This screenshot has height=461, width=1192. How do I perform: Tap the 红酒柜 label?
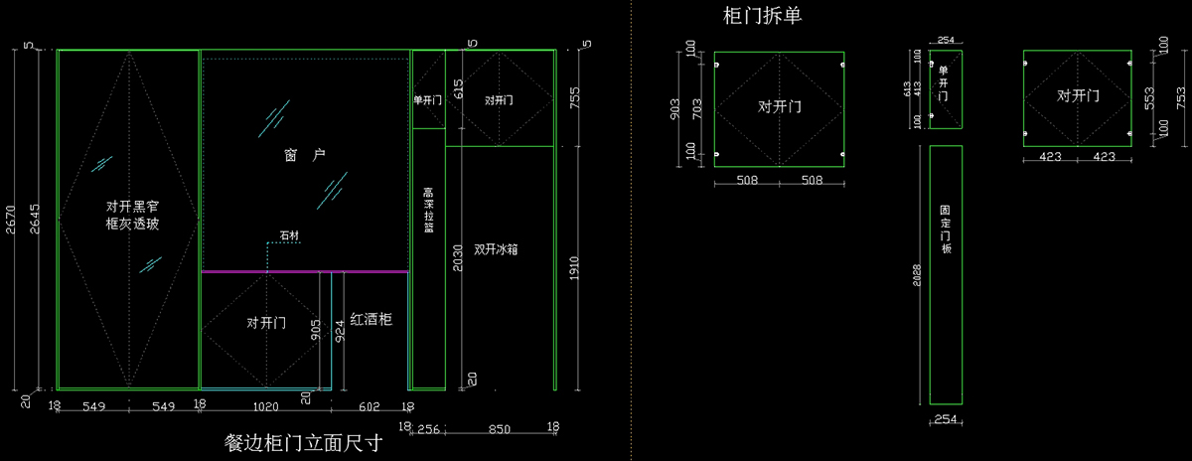tap(372, 319)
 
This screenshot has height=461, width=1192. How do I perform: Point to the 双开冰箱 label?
tap(496, 249)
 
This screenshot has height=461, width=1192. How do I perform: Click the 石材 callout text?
tap(289, 235)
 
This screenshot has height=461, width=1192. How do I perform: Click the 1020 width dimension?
tap(265, 405)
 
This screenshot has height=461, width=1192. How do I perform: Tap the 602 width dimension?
tap(369, 405)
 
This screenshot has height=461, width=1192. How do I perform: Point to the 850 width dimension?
tap(500, 430)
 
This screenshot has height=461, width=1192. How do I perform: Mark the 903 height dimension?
tap(674, 109)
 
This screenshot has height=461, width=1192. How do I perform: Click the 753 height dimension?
tap(1180, 97)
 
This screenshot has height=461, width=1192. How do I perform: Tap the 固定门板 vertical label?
tap(946, 230)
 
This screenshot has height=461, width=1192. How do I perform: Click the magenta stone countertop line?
tap(304, 270)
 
